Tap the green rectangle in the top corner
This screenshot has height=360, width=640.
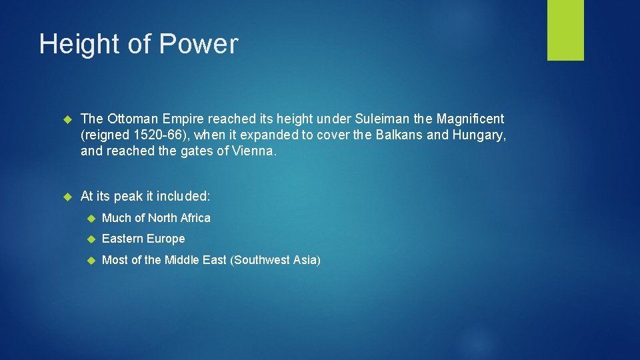pos(565,30)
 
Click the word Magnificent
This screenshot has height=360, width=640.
pos(470,119)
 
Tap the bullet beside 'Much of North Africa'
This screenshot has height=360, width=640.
pos(91,218)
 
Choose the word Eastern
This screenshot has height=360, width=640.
pos(123,239)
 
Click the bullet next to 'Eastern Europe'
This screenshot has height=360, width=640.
pos(91,239)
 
